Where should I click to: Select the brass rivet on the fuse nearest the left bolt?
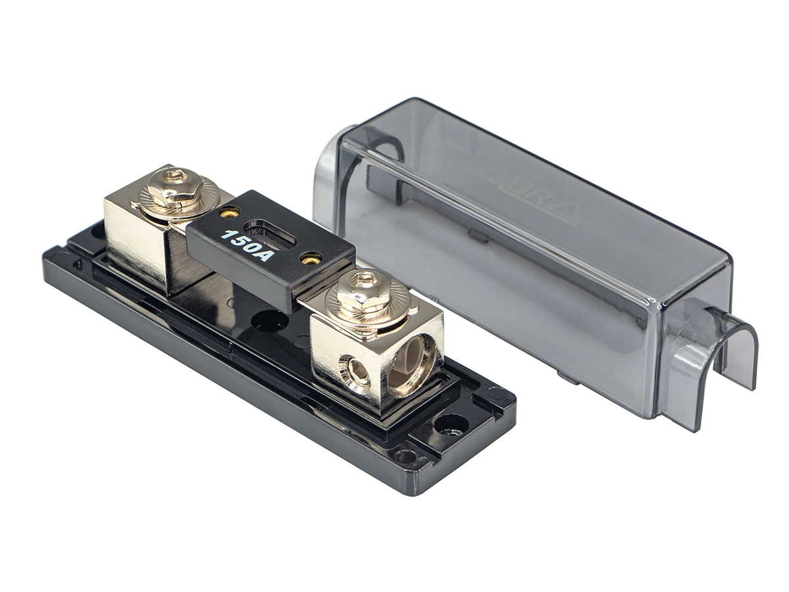click(x=229, y=212)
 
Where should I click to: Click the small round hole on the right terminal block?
click(x=356, y=372)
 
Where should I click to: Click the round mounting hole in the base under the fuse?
click(x=270, y=322)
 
